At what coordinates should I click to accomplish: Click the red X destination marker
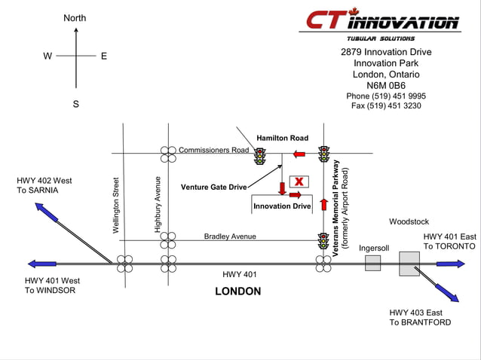(x=299, y=182)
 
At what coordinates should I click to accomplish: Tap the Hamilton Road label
(x=282, y=139)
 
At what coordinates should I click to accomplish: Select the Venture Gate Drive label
(x=213, y=187)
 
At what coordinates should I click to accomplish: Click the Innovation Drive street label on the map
(x=282, y=206)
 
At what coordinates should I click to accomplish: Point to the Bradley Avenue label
(x=230, y=236)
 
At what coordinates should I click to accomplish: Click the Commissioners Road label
(x=213, y=150)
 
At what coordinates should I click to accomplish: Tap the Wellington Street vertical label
(x=116, y=205)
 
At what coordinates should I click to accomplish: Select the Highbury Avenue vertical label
(x=158, y=203)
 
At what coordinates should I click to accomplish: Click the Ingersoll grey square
(x=373, y=263)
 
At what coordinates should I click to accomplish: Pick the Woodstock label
(x=409, y=221)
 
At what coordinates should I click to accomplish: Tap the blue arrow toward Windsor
(x=42, y=264)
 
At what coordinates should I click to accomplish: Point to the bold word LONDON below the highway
(x=238, y=291)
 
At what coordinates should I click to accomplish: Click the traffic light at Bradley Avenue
(x=323, y=241)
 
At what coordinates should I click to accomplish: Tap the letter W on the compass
(x=47, y=56)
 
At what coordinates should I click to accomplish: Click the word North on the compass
(x=75, y=18)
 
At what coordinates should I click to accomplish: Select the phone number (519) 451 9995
(x=386, y=96)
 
